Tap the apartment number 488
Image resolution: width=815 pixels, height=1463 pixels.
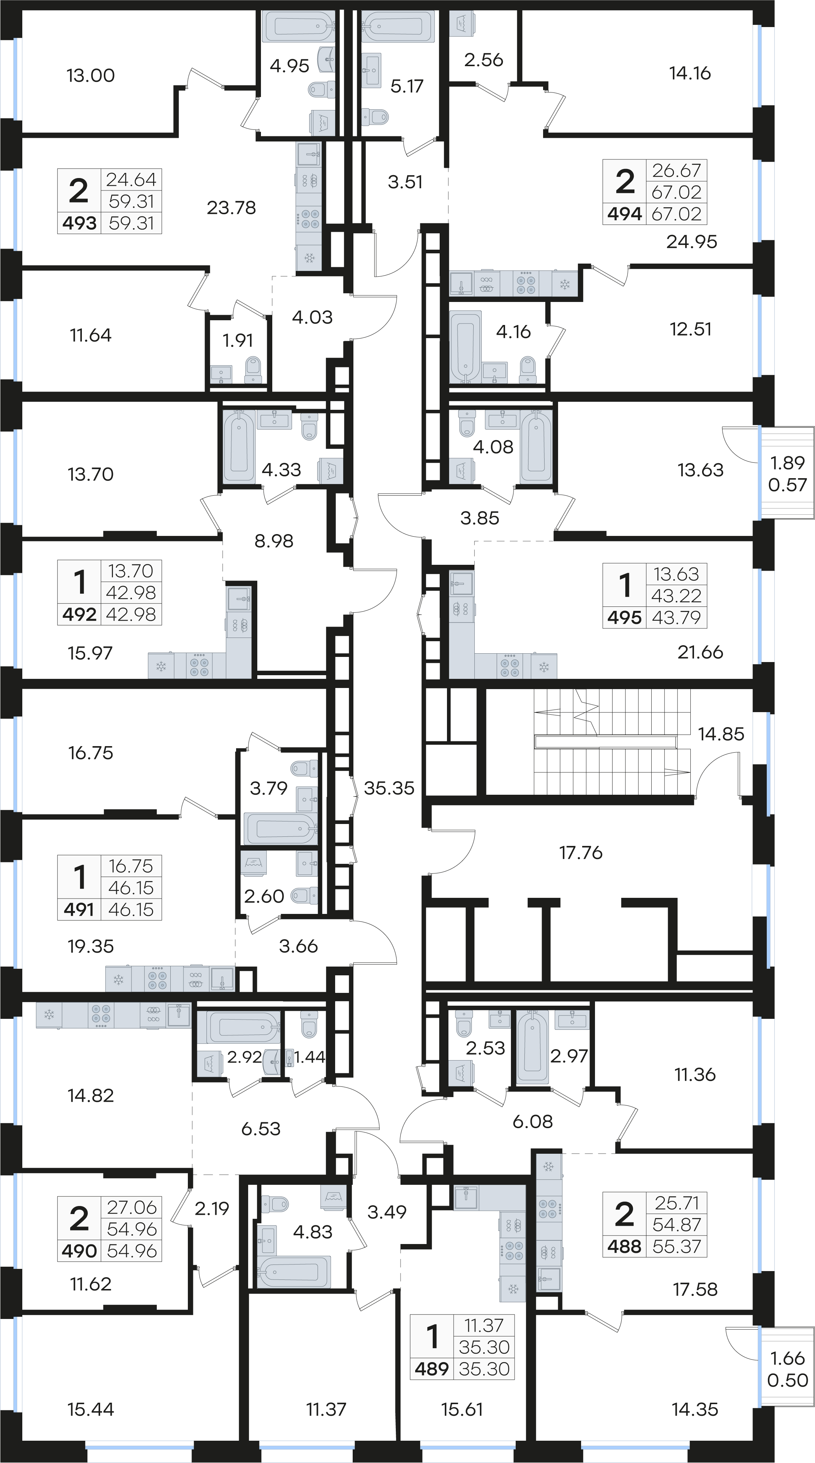pos(624,1247)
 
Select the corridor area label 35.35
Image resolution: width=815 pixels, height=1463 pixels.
pos(389,788)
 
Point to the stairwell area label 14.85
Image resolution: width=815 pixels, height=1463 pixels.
pos(721,734)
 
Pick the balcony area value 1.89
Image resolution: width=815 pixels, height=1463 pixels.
pos(787,463)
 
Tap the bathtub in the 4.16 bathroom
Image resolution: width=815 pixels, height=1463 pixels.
pos(466,347)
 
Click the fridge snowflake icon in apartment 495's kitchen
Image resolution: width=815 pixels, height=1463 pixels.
pos(543,667)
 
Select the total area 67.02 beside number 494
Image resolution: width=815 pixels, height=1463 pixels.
pos(676,214)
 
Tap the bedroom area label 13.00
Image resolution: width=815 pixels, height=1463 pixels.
pos(90,76)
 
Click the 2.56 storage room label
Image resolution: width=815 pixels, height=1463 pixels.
pos(483,60)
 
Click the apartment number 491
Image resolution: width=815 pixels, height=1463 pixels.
pos(79,909)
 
